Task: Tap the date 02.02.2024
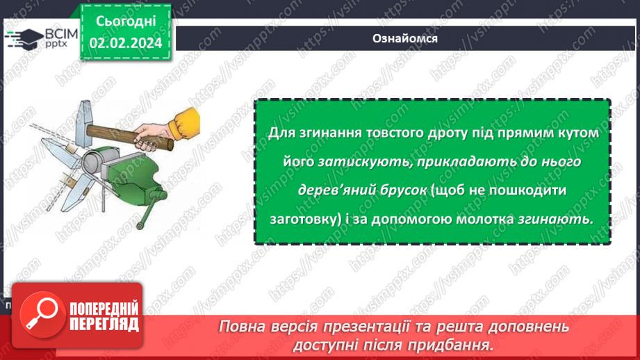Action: pyautogui.click(x=126, y=43)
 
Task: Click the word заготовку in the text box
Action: pyautogui.click(x=304, y=218)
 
